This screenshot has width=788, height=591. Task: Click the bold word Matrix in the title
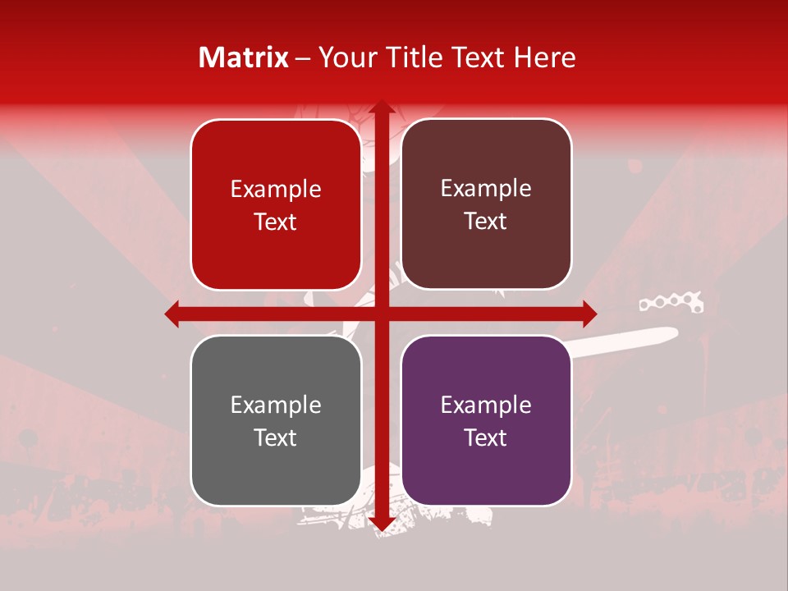click(244, 57)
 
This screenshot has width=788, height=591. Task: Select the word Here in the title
click(544, 57)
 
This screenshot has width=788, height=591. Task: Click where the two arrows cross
click(381, 314)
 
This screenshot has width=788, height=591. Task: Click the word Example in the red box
click(276, 190)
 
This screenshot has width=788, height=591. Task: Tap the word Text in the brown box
click(486, 222)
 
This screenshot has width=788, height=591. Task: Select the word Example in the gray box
click(276, 405)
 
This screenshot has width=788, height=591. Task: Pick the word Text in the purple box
click(486, 438)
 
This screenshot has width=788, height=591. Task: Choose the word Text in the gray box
click(276, 438)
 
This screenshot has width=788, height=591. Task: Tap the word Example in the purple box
click(486, 405)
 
